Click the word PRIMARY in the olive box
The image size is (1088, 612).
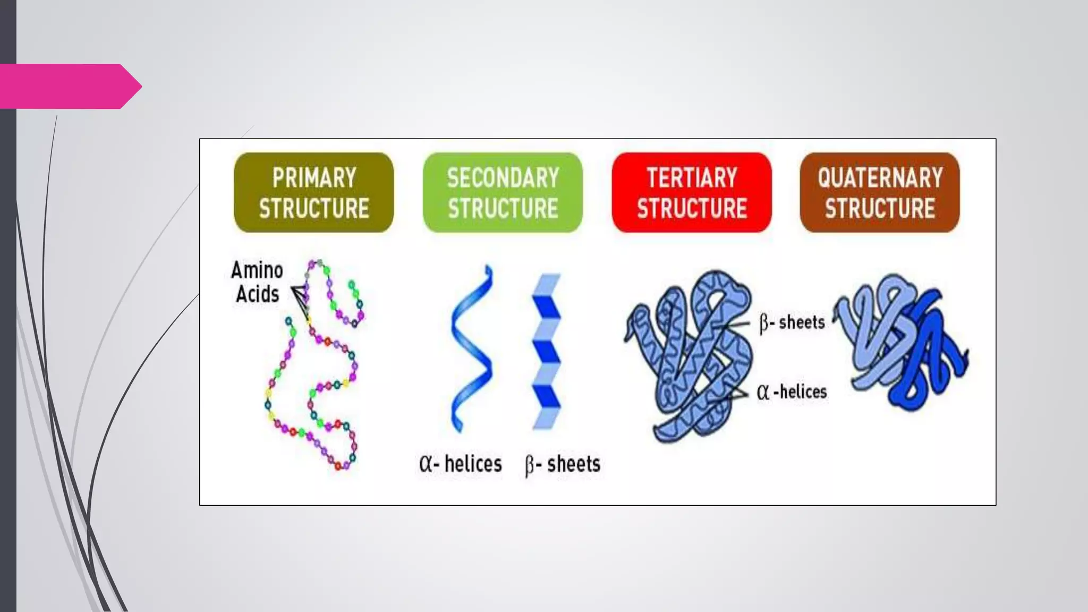pos(314,177)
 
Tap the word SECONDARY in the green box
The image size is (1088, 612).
pos(503,177)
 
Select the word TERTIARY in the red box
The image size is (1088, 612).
pos(692,177)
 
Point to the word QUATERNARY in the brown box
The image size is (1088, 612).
pos(880,177)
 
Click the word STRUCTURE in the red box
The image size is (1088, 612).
pos(692,208)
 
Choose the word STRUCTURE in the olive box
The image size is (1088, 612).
pos(314,208)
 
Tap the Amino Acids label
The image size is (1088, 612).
pos(257,282)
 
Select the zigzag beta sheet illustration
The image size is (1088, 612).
pos(546,351)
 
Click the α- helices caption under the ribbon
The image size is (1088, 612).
pos(460,464)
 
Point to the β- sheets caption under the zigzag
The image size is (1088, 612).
pos(563,464)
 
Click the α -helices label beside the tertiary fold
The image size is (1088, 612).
pos(792,392)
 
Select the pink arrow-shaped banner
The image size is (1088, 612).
pos(69,86)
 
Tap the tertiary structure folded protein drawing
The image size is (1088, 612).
pos(691,356)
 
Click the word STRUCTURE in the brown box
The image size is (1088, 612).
pos(880,208)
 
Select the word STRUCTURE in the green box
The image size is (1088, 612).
pos(503,208)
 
